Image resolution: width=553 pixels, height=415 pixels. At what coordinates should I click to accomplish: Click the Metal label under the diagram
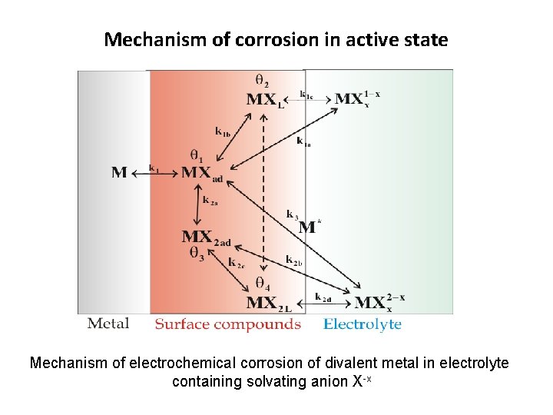click(x=108, y=324)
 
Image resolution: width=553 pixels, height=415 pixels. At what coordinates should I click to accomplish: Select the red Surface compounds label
click(x=227, y=324)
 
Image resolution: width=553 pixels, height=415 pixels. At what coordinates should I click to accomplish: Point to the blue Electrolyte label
click(x=362, y=324)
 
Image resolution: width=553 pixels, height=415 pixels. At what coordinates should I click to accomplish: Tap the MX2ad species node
click(x=205, y=237)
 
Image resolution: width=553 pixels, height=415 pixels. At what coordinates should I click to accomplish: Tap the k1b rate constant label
click(x=223, y=132)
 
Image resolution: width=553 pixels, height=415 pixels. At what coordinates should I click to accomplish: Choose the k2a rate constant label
click(x=210, y=201)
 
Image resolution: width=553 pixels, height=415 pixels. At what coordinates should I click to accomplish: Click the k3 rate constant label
click(x=292, y=214)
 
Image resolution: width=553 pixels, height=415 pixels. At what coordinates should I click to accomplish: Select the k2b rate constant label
click(x=293, y=261)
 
